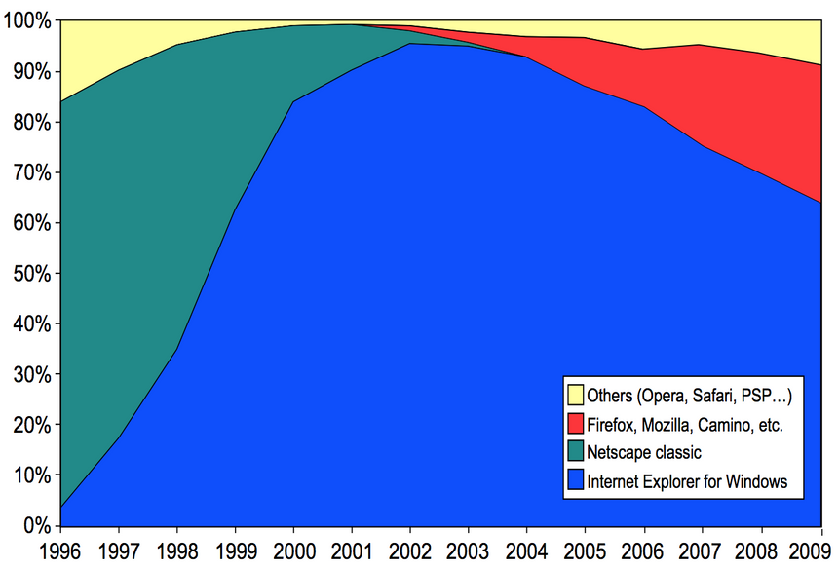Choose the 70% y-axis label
[x=34, y=172]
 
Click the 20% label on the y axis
[x=34, y=425]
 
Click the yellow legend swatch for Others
[x=576, y=396]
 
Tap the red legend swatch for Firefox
[x=576, y=424]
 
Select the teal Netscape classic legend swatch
[x=576, y=452]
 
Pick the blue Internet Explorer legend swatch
[x=576, y=480]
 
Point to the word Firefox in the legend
[x=613, y=424]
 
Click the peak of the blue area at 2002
[x=412, y=44]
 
